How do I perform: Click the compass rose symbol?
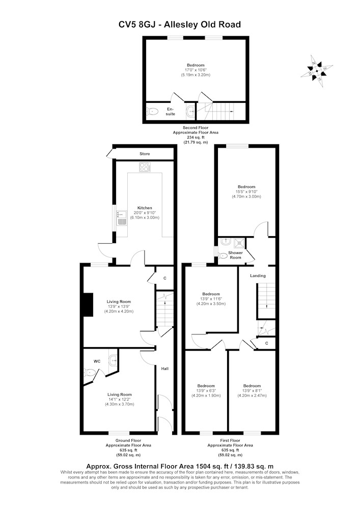point(317,71)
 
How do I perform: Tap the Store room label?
point(145,154)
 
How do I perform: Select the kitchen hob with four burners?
point(145,167)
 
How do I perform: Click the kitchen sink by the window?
point(122,218)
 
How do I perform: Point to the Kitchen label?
point(145,208)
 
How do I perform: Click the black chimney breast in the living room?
point(88,304)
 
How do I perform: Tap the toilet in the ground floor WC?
point(89,372)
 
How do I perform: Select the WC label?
point(97,361)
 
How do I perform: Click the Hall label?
point(165,369)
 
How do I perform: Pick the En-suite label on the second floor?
point(171,111)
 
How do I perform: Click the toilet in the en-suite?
point(152,111)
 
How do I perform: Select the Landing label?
point(258,275)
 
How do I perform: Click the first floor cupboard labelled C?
point(266,343)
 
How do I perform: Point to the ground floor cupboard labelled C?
point(165,278)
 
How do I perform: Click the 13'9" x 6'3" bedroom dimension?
point(206,391)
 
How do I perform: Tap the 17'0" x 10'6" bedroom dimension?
point(196,70)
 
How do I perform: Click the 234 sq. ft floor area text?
point(196,137)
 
